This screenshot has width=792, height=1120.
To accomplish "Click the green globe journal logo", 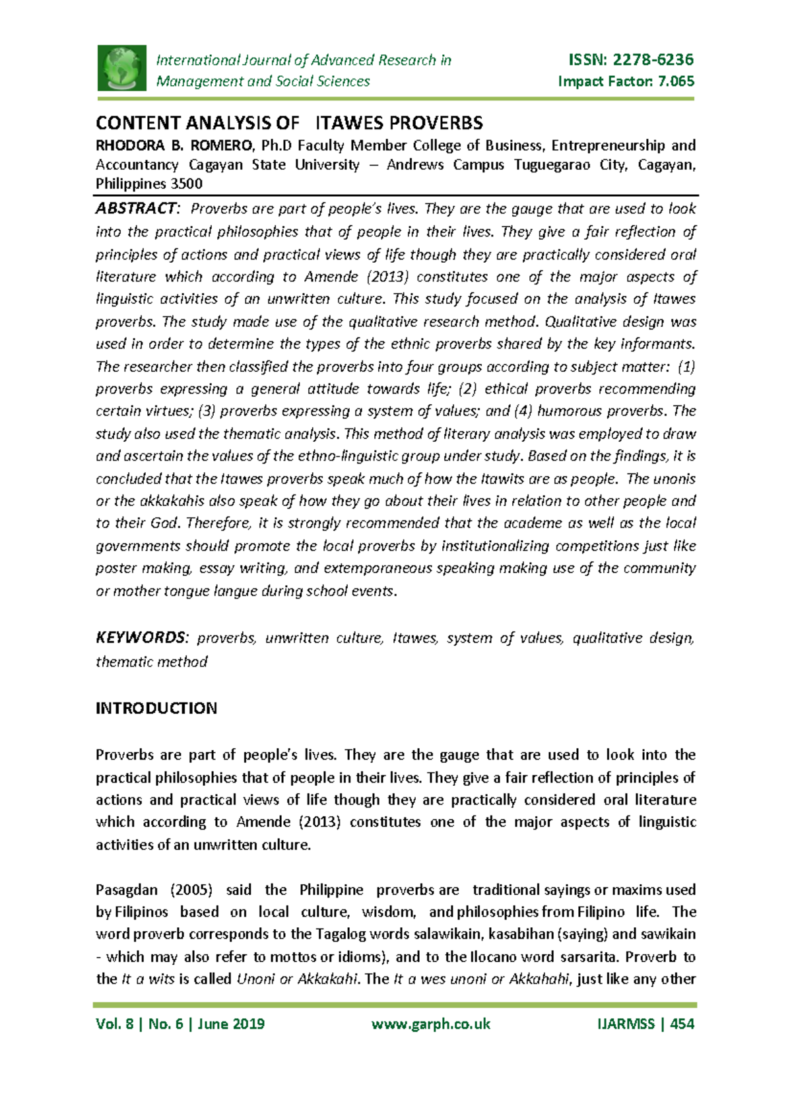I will click(x=122, y=68).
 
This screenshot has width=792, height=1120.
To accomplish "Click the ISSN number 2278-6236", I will click(x=653, y=60).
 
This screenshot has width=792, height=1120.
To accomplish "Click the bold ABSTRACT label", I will click(x=137, y=209).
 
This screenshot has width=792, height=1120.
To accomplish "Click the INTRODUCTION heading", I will click(x=156, y=709).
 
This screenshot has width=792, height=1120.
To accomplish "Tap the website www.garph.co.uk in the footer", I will click(x=431, y=1024).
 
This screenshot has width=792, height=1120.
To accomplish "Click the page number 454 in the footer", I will click(x=682, y=1024).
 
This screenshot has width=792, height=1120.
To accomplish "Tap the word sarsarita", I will click(x=587, y=957).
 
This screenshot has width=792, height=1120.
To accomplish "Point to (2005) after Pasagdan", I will click(x=191, y=890).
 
